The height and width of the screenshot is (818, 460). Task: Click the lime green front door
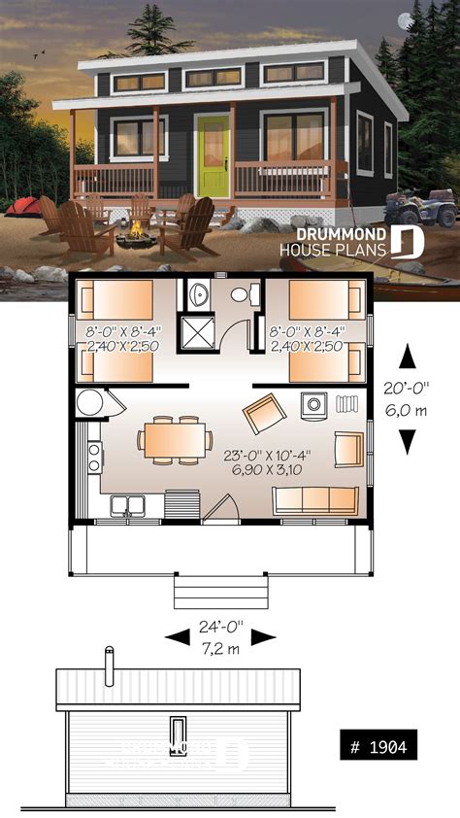[211, 154]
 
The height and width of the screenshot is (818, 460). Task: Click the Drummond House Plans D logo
[409, 241]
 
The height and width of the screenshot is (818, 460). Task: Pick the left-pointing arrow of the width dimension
[178, 637]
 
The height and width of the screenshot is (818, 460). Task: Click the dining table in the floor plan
[175, 436]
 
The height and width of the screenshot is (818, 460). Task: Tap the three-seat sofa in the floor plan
[313, 500]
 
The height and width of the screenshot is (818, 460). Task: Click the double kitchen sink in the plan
[129, 504]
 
